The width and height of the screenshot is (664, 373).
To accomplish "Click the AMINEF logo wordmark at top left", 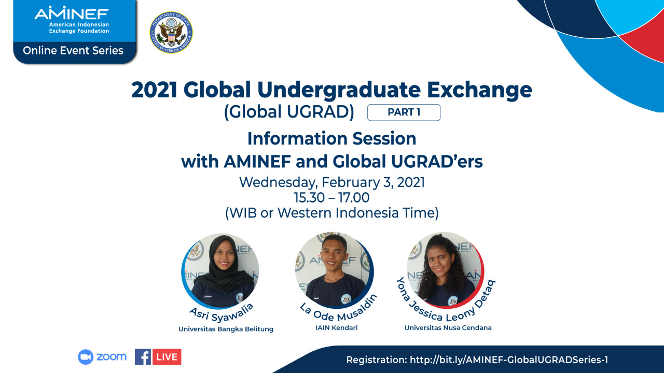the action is pyautogui.click(x=72, y=13).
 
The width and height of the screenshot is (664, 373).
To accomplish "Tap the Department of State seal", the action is pyautogui.click(x=171, y=32).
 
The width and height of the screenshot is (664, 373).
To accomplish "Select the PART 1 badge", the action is pyautogui.click(x=404, y=112).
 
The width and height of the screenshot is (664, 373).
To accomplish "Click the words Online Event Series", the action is pyautogui.click(x=73, y=51).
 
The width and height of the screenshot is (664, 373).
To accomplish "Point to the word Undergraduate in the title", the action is pyautogui.click(x=339, y=90).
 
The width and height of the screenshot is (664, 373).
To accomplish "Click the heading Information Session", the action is pyautogui.click(x=331, y=138).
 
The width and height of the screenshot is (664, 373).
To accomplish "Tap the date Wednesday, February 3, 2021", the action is pyautogui.click(x=332, y=182).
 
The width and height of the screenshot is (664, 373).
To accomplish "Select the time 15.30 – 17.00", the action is pyautogui.click(x=331, y=197).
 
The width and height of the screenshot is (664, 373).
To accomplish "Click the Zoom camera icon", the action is pyautogui.click(x=86, y=357).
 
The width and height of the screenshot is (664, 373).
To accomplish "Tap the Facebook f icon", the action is pyautogui.click(x=143, y=357).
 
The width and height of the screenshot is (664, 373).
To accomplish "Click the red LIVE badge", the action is pyautogui.click(x=167, y=357).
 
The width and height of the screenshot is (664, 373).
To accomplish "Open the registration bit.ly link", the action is pyautogui.click(x=509, y=360).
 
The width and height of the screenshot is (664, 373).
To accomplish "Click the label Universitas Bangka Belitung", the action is pyautogui.click(x=226, y=329).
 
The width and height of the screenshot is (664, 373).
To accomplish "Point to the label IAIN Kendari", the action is pyautogui.click(x=337, y=328).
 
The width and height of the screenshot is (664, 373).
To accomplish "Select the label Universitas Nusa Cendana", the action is pyautogui.click(x=448, y=328).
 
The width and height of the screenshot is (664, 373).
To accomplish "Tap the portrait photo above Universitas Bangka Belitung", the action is pyautogui.click(x=220, y=271).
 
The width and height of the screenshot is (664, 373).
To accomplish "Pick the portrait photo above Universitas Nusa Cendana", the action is pyautogui.click(x=445, y=269).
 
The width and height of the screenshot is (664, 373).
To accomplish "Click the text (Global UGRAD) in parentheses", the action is pyautogui.click(x=289, y=112).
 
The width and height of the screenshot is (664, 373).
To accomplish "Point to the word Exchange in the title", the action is pyautogui.click(x=479, y=90).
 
